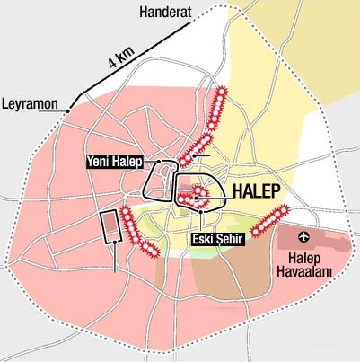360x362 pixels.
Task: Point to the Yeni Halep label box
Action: [119, 163]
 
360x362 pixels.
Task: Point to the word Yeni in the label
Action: [101, 163]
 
